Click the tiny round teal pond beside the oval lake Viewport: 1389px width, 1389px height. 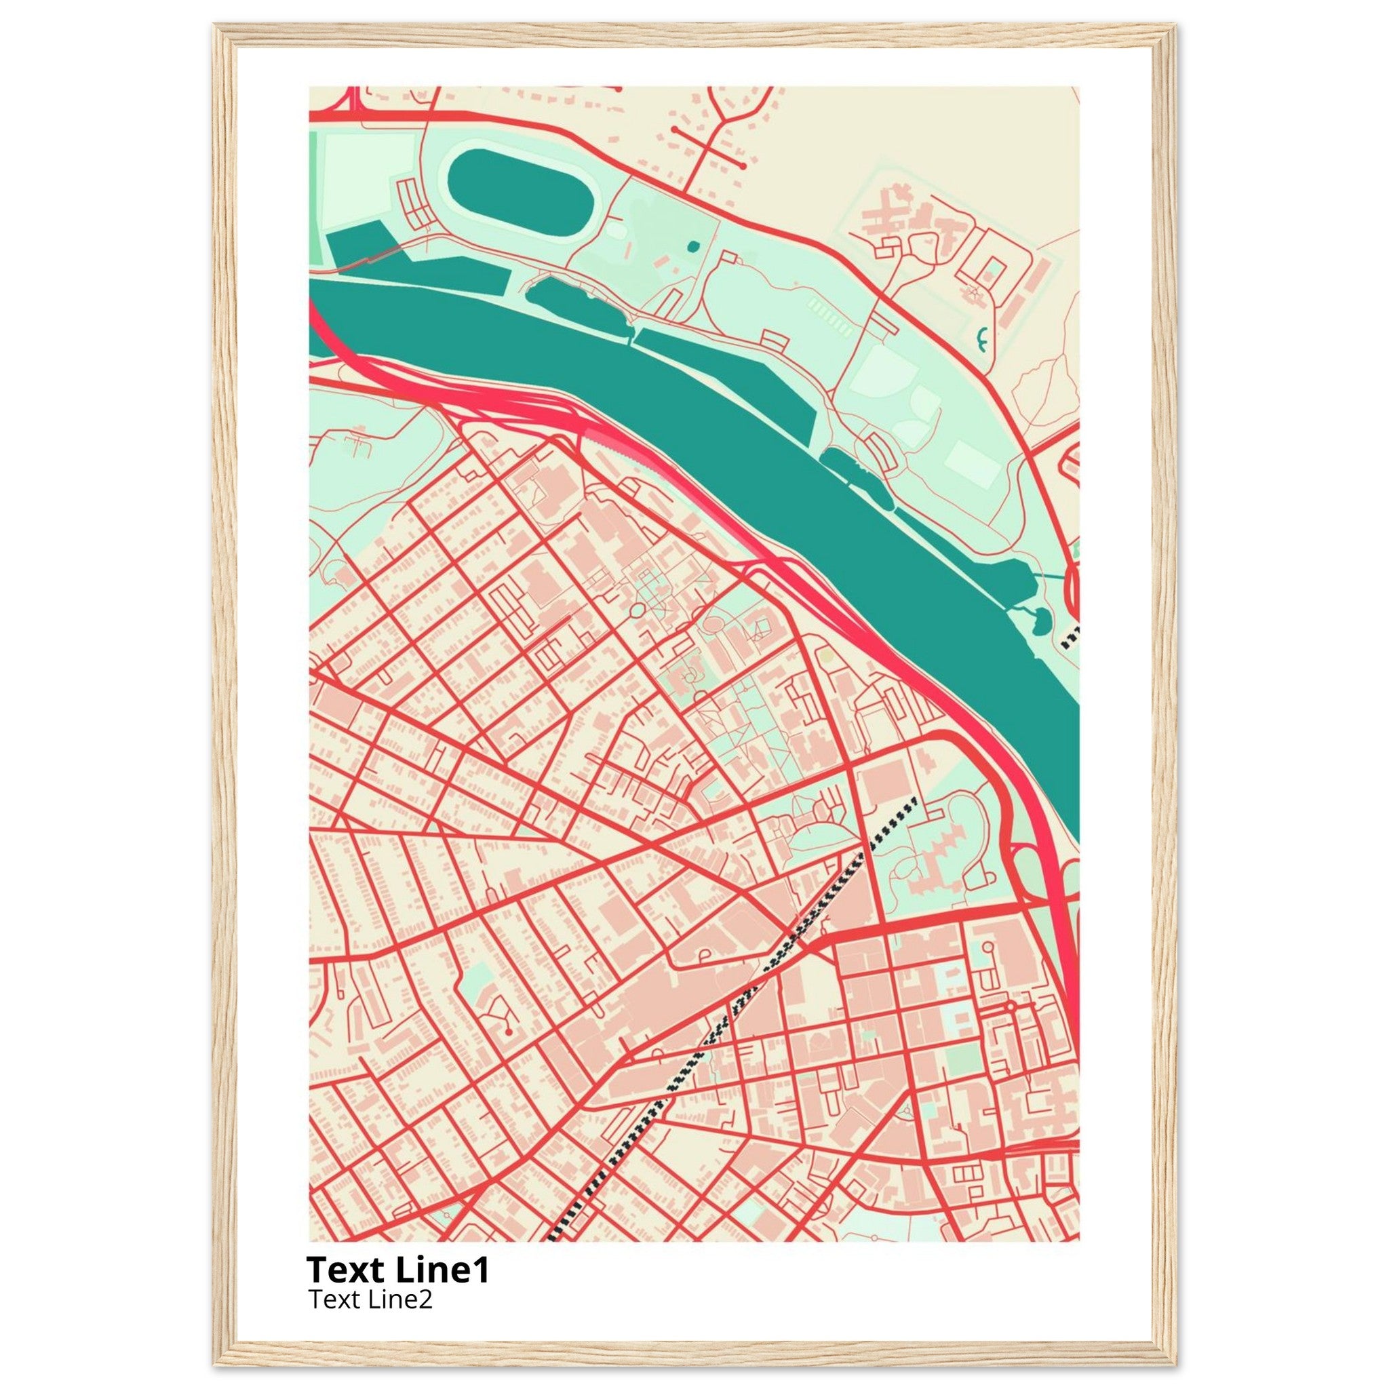click(692, 247)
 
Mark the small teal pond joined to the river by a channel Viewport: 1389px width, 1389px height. click(1040, 620)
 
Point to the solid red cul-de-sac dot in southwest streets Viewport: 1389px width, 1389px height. click(508, 1032)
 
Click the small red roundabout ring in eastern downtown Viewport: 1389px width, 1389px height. click(1011, 1006)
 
